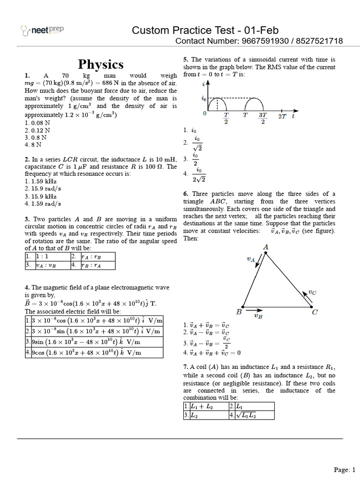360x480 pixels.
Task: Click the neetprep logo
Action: [43, 31]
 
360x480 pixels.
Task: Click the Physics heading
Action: [101, 64]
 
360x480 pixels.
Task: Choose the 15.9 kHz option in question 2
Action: [40, 196]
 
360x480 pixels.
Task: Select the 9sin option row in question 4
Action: [94, 341]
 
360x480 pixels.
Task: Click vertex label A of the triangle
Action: [266, 247]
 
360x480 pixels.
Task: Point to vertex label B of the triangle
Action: [239, 312]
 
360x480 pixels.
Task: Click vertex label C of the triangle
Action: [315, 312]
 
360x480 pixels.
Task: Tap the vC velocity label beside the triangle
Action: [312, 292]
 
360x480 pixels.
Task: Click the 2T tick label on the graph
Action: [282, 116]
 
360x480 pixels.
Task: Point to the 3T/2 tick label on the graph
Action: [262, 118]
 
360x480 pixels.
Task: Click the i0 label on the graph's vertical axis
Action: [203, 99]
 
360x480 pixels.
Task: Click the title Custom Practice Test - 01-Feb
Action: [205, 30]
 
